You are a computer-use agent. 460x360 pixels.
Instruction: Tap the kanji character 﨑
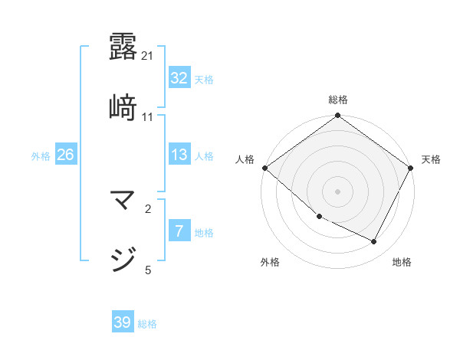tap(123, 108)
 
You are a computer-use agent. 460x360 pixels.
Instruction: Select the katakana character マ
tap(123, 203)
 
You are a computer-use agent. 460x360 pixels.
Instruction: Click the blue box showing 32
tap(179, 78)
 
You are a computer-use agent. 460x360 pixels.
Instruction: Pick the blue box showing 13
tap(179, 155)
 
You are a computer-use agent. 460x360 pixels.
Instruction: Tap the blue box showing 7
tap(179, 231)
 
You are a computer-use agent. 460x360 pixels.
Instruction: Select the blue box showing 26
tap(65, 155)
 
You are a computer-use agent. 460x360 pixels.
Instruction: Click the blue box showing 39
tap(123, 322)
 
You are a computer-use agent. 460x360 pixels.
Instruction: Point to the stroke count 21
tap(148, 55)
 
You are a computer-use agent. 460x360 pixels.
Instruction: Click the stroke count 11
tap(148, 116)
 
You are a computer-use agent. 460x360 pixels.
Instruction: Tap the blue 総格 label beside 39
tap(147, 324)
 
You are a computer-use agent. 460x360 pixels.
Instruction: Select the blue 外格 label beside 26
tap(41, 156)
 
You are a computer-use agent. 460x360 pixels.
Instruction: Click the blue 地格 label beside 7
tap(204, 233)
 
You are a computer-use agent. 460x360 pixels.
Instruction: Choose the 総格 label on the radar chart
tap(337, 100)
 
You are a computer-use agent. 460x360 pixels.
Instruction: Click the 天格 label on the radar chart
tap(431, 159)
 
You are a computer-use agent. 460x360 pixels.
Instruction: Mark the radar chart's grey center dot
tap(337, 191)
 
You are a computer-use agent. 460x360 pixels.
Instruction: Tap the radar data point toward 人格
tap(264, 168)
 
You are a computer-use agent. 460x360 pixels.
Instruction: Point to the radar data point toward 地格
tap(374, 242)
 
